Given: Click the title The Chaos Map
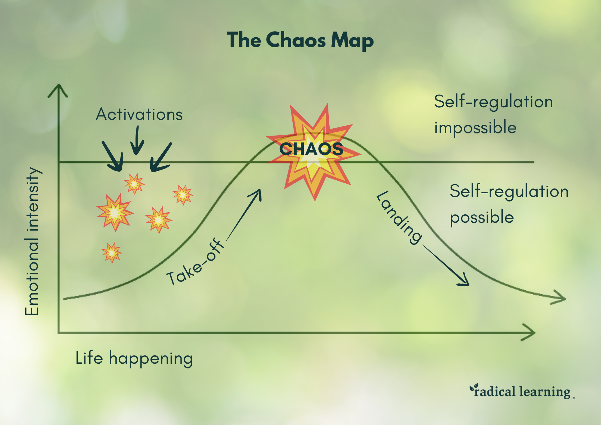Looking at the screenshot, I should [x=300, y=40].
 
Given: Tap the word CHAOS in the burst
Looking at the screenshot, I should [x=311, y=149].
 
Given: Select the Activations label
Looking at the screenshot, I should [x=139, y=115].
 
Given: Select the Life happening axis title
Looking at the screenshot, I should [x=134, y=358].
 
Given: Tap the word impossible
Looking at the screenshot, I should [x=475, y=128].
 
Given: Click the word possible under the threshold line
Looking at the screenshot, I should [x=482, y=217].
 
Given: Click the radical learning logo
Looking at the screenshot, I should [x=522, y=391].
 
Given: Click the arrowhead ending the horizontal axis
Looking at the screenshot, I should [x=530, y=332].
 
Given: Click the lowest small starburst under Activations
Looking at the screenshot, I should [x=112, y=252].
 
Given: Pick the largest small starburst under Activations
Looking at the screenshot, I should [x=115, y=212].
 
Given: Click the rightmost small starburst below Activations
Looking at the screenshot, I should [x=183, y=194].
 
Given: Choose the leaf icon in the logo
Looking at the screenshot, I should [x=474, y=387].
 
